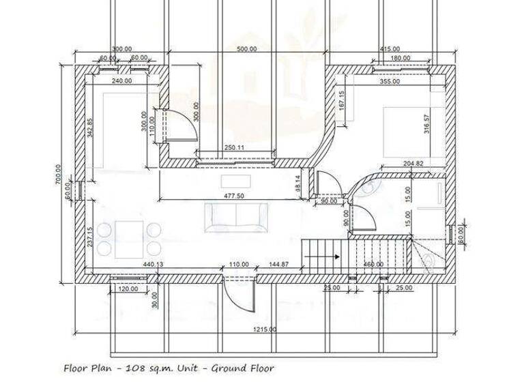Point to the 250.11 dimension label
pyautogui.click(x=234, y=147)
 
